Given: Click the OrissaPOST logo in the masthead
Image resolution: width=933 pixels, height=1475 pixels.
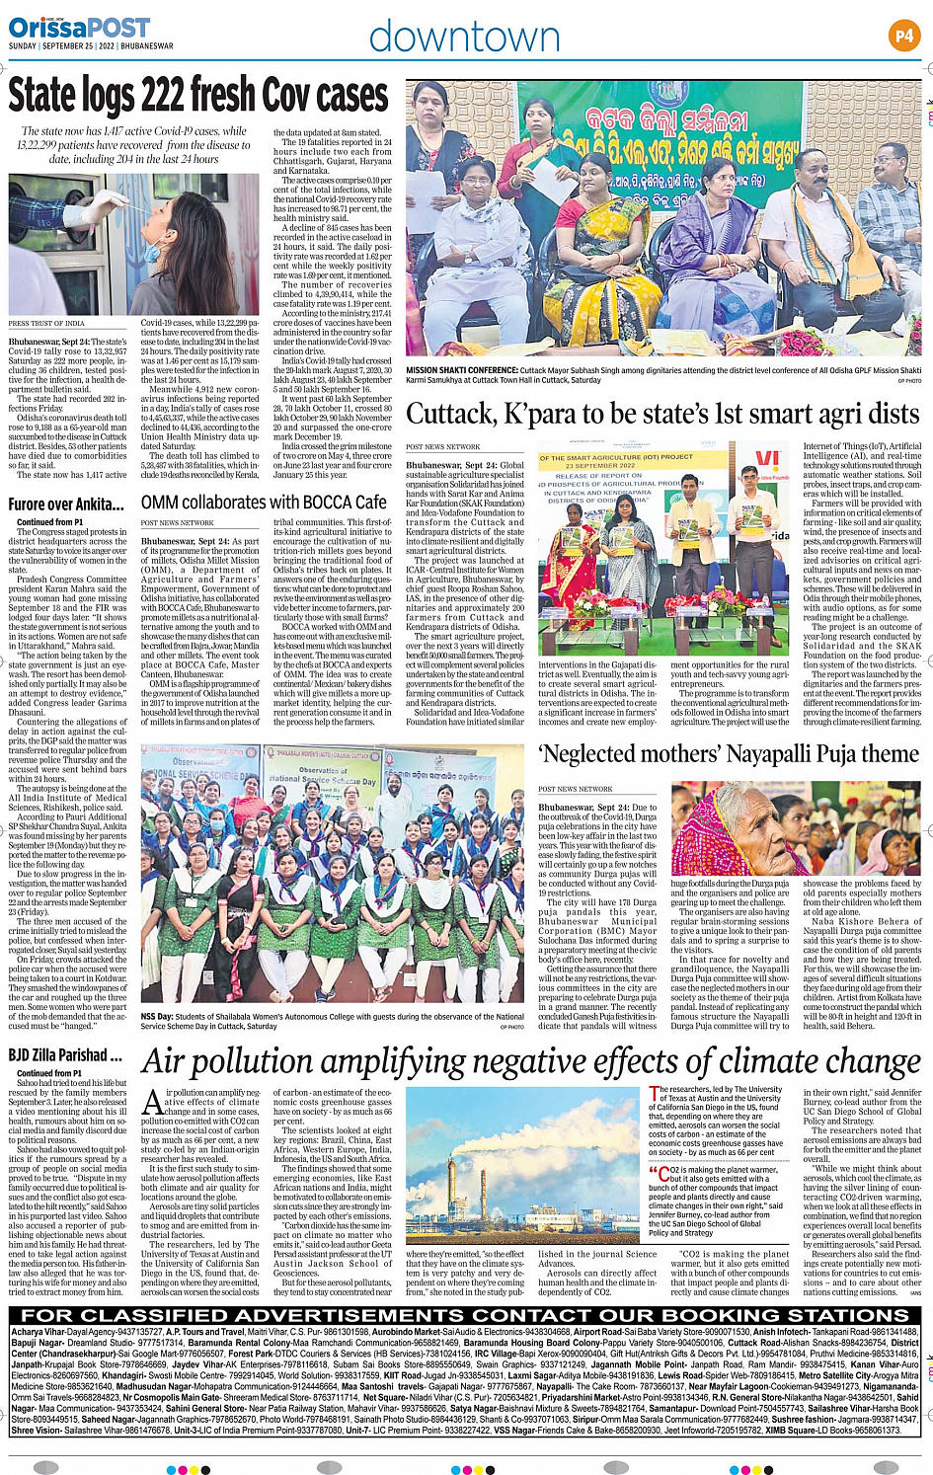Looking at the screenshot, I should click(x=65, y=28).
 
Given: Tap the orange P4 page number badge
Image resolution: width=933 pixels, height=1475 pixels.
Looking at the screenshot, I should click(x=903, y=37).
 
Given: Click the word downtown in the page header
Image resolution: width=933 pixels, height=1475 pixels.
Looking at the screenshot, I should click(x=464, y=38).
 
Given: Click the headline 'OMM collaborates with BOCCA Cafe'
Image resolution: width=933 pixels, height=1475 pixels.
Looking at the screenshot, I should click(x=264, y=503).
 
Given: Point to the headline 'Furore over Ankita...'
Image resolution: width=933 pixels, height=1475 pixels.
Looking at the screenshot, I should click(x=66, y=505).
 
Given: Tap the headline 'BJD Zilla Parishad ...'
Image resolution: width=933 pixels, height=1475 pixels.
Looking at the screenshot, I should click(x=65, y=1055).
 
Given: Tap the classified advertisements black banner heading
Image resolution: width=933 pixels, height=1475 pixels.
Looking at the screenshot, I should click(x=465, y=1315).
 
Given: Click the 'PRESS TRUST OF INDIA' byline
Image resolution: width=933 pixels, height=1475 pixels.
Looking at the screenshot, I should click(x=46, y=324).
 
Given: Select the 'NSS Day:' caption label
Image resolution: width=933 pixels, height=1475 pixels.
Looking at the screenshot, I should click(x=157, y=1016).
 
